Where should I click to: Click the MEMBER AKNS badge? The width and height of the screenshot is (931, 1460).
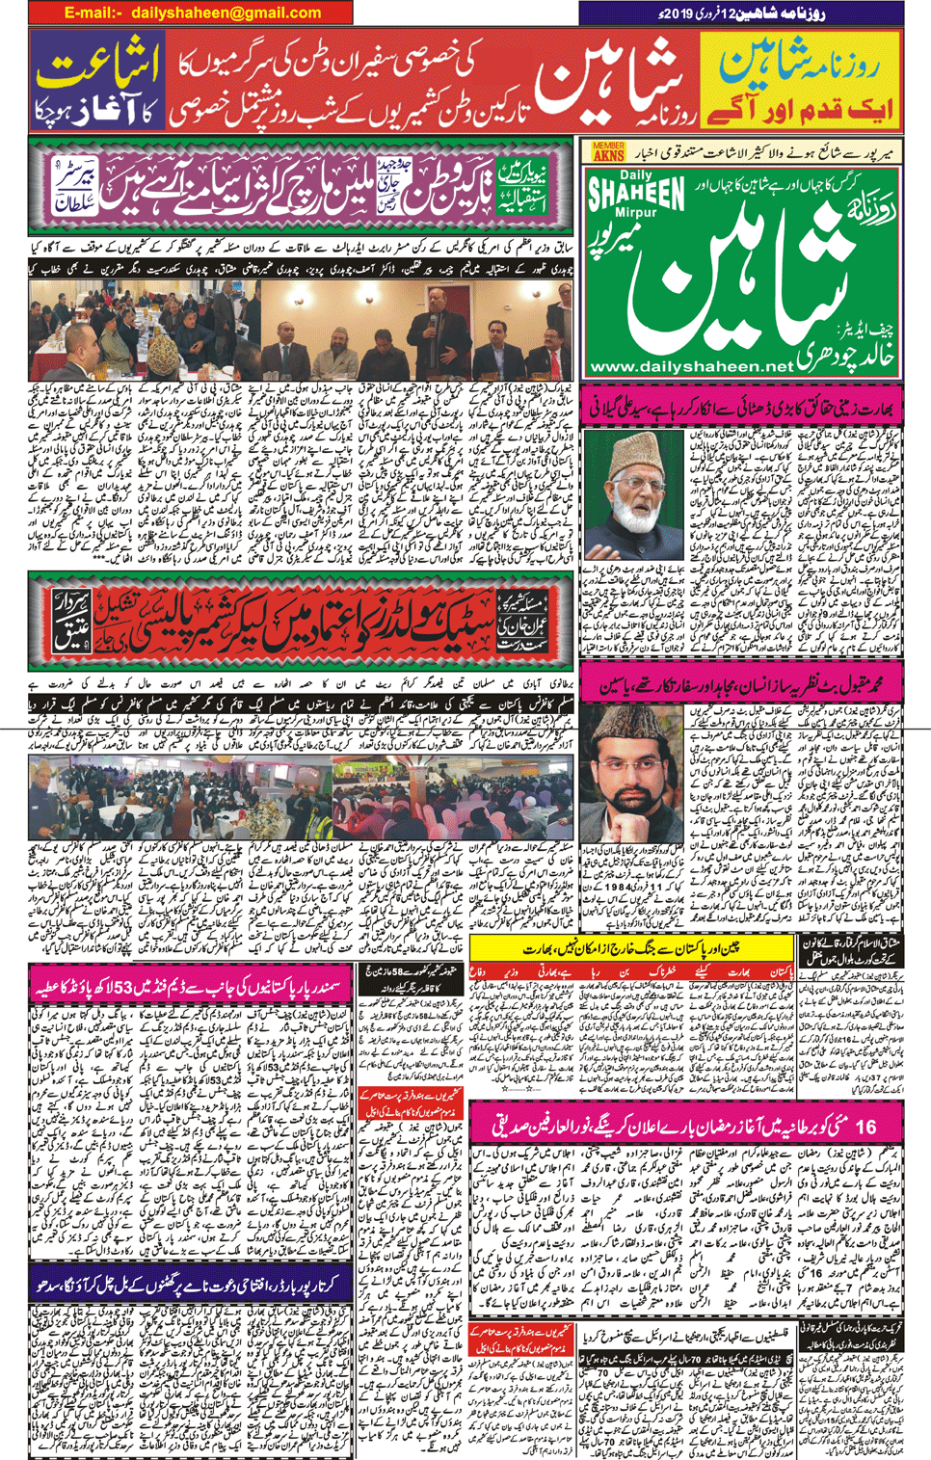click(x=608, y=151)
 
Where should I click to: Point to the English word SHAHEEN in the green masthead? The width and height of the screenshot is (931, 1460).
click(x=635, y=194)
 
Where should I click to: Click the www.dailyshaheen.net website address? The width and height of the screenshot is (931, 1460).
click(x=690, y=366)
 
